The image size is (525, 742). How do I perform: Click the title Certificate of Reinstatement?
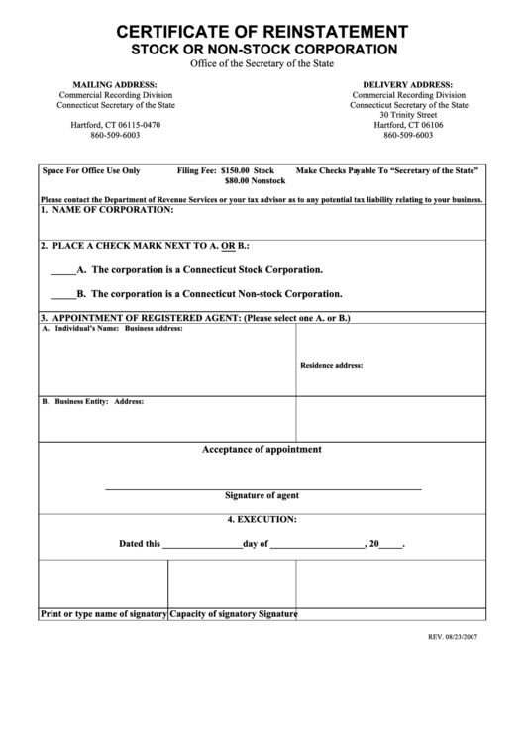(262, 31)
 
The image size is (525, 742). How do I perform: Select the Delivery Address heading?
(408, 85)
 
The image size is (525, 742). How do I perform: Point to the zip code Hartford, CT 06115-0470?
(114, 125)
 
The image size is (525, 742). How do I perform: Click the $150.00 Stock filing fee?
(248, 170)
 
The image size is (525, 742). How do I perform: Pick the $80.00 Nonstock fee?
(255, 182)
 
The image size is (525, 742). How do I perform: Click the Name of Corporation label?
(107, 210)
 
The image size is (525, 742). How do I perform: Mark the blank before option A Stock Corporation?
(61, 270)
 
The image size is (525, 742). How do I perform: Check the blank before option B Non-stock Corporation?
(61, 294)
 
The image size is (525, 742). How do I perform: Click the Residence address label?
(331, 365)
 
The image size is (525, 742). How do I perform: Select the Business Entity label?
(75, 402)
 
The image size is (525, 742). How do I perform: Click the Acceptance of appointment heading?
(262, 450)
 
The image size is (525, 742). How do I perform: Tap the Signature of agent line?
(262, 489)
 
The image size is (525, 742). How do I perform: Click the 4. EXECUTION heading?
(262, 519)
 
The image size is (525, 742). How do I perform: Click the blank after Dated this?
(201, 545)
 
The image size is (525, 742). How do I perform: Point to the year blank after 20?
(390, 545)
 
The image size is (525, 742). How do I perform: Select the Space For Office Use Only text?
(91, 170)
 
